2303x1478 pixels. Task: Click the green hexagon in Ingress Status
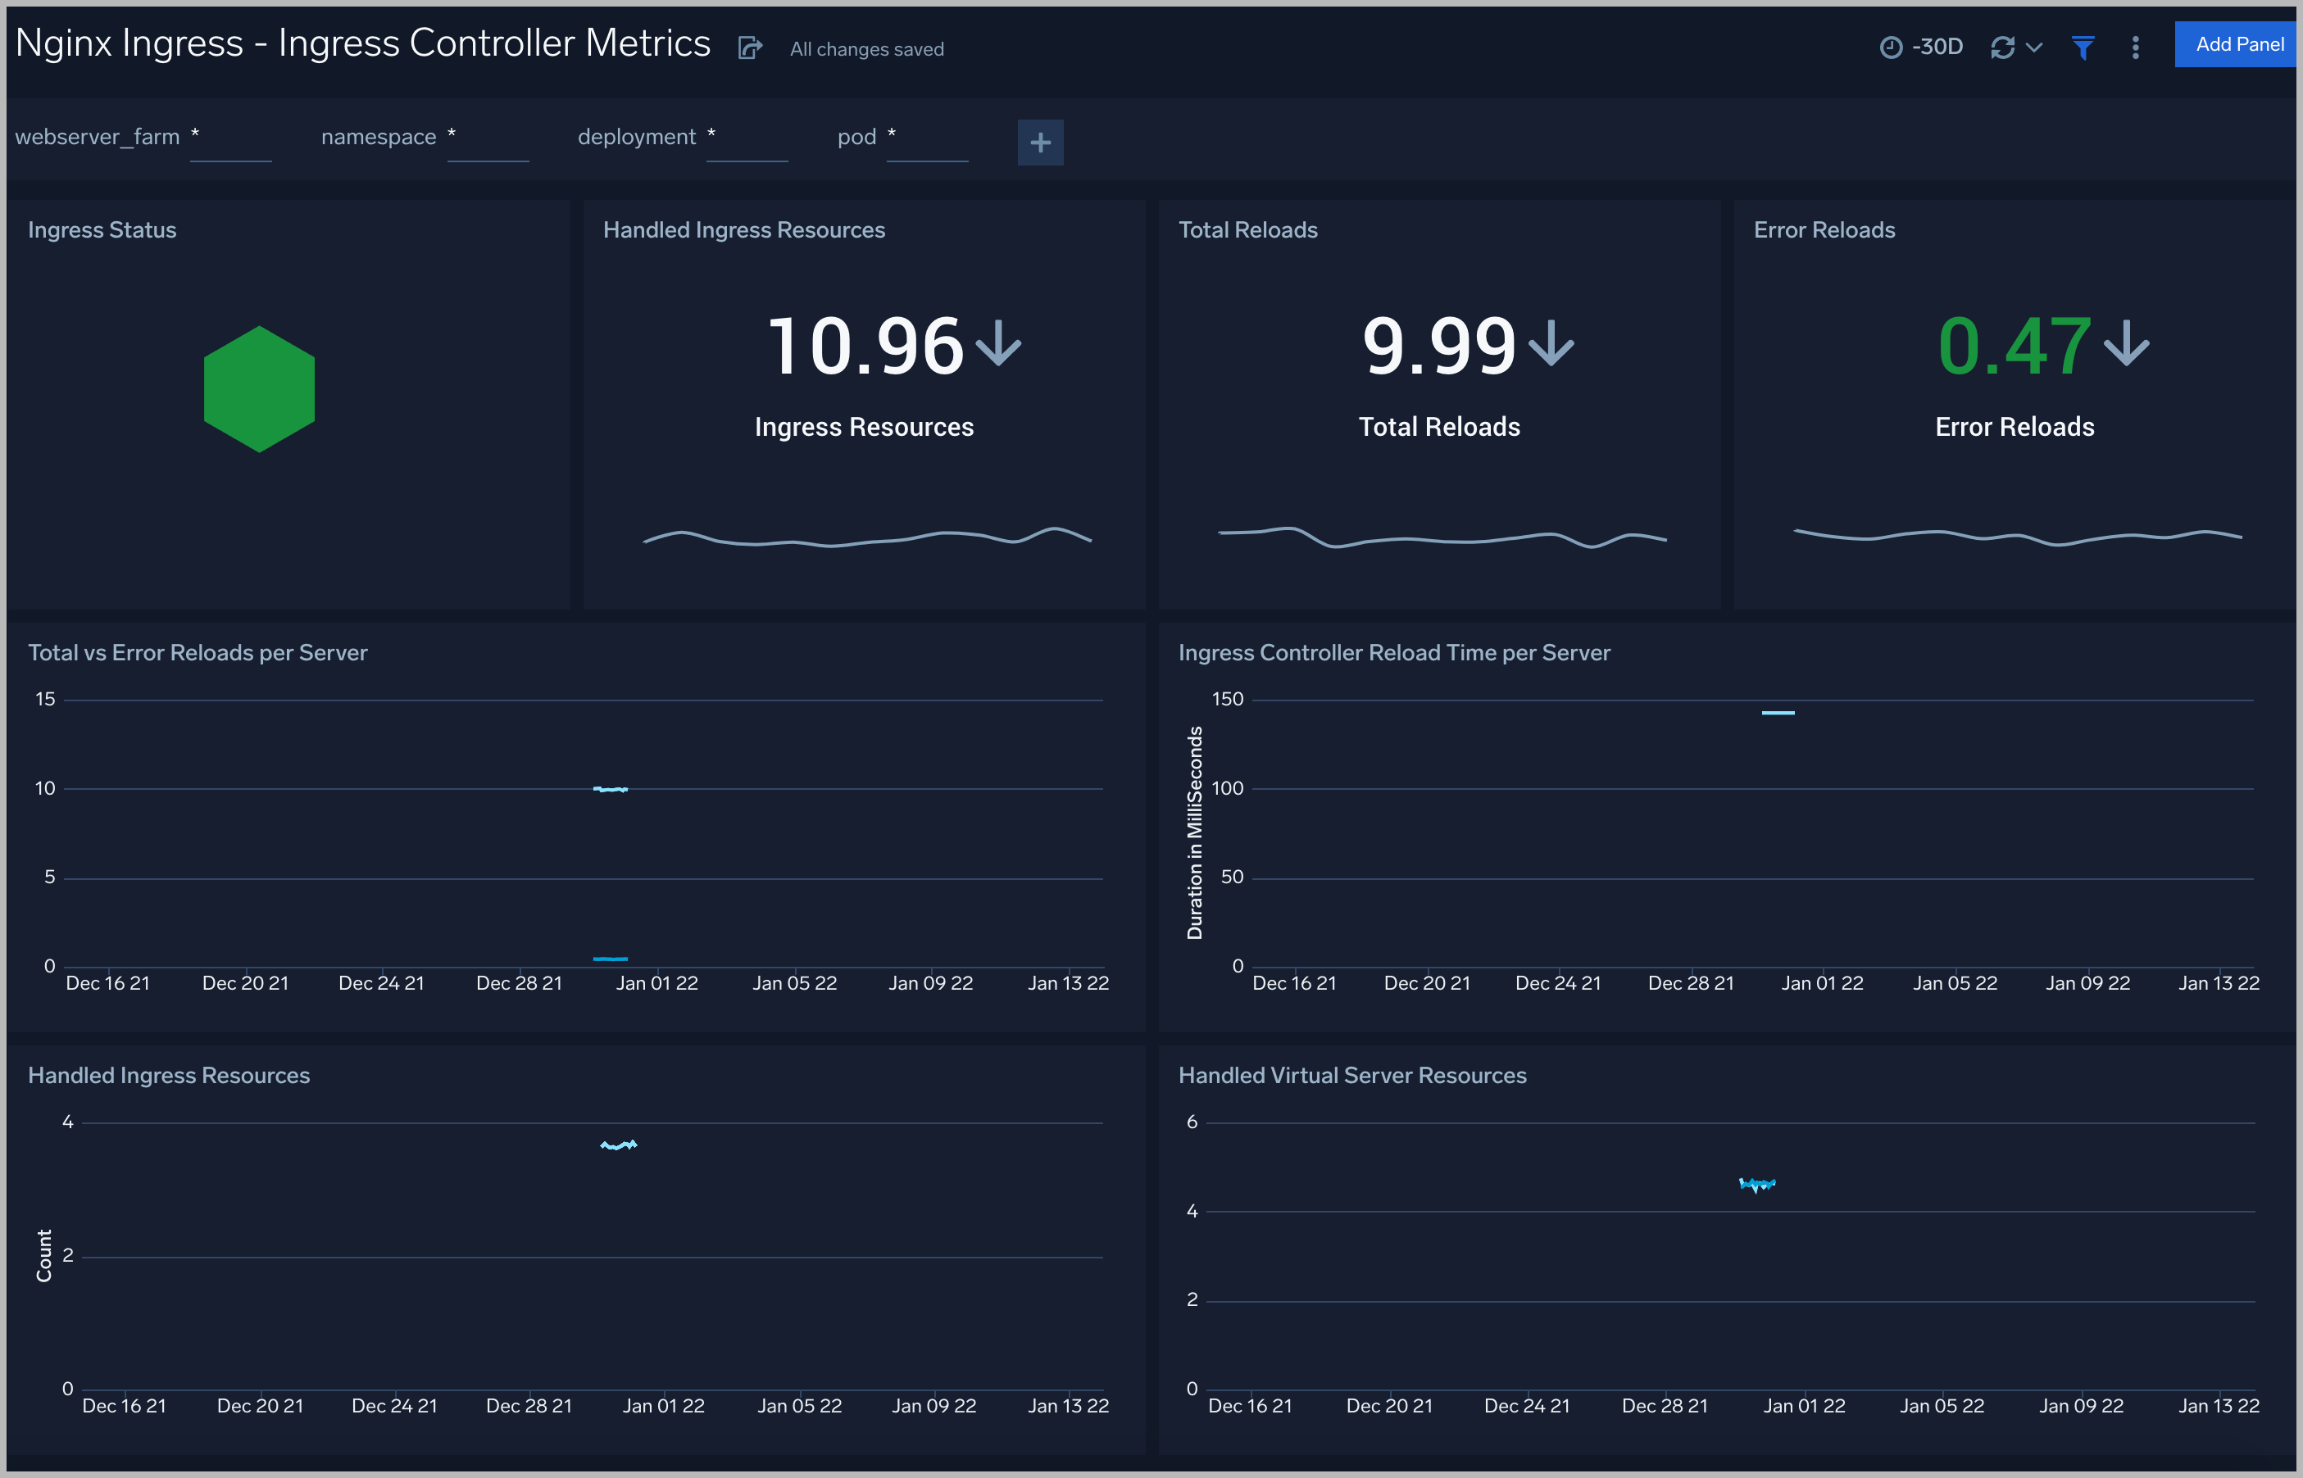pyautogui.click(x=259, y=388)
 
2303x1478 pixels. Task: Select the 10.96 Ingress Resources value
pyautogui.click(x=866, y=347)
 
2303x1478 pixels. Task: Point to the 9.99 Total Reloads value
pyautogui.click(x=1439, y=347)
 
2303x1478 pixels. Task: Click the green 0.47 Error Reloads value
pyautogui.click(x=2014, y=347)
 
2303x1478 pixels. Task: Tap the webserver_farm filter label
pyautogui.click(x=98, y=138)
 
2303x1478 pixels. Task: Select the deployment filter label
pyautogui.click(x=637, y=138)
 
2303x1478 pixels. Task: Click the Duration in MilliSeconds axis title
pyautogui.click(x=1194, y=832)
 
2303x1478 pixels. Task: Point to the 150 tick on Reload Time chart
pyautogui.click(x=1227, y=700)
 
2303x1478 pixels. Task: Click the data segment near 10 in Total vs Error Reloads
pyautogui.click(x=611, y=789)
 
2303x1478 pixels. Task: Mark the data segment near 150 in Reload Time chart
pyautogui.click(x=1777, y=713)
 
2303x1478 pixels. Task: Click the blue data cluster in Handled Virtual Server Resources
pyautogui.click(x=1757, y=1185)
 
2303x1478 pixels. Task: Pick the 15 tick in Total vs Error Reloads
pyautogui.click(x=45, y=700)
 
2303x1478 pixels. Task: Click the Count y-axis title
pyautogui.click(x=44, y=1255)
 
